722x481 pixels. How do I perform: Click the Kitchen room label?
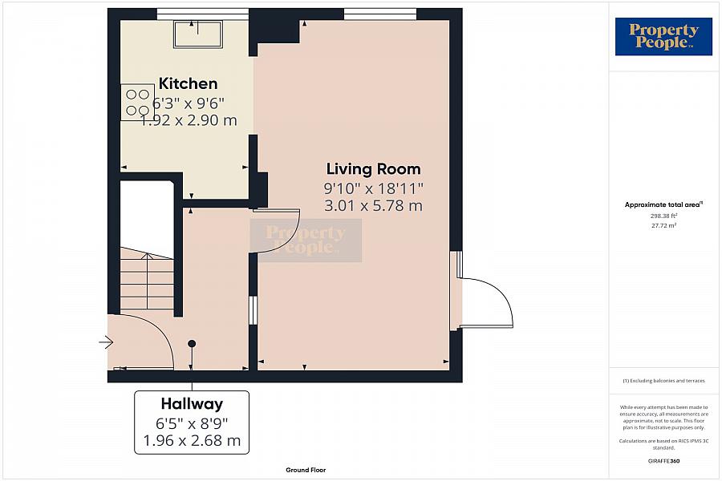click(x=188, y=83)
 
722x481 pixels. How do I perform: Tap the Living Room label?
click(x=373, y=169)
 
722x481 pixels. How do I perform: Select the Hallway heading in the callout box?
click(x=192, y=404)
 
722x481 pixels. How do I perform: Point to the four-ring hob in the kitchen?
click(x=137, y=102)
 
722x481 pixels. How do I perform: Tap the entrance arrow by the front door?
click(x=106, y=342)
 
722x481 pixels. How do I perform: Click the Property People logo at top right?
click(x=663, y=36)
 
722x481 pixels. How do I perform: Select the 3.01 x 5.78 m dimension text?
click(x=373, y=205)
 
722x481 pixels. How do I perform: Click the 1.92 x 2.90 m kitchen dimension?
click(x=189, y=120)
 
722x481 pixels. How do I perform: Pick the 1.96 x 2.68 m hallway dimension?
click(x=192, y=440)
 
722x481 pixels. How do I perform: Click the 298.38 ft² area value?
click(x=663, y=216)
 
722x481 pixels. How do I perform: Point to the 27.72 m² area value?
click(x=663, y=225)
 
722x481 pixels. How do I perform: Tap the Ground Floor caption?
click(x=306, y=470)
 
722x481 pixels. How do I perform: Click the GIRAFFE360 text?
click(x=663, y=461)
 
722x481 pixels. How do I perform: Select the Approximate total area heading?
click(x=663, y=205)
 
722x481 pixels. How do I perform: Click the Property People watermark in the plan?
click(x=306, y=240)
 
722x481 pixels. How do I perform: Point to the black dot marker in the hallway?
click(x=192, y=343)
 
